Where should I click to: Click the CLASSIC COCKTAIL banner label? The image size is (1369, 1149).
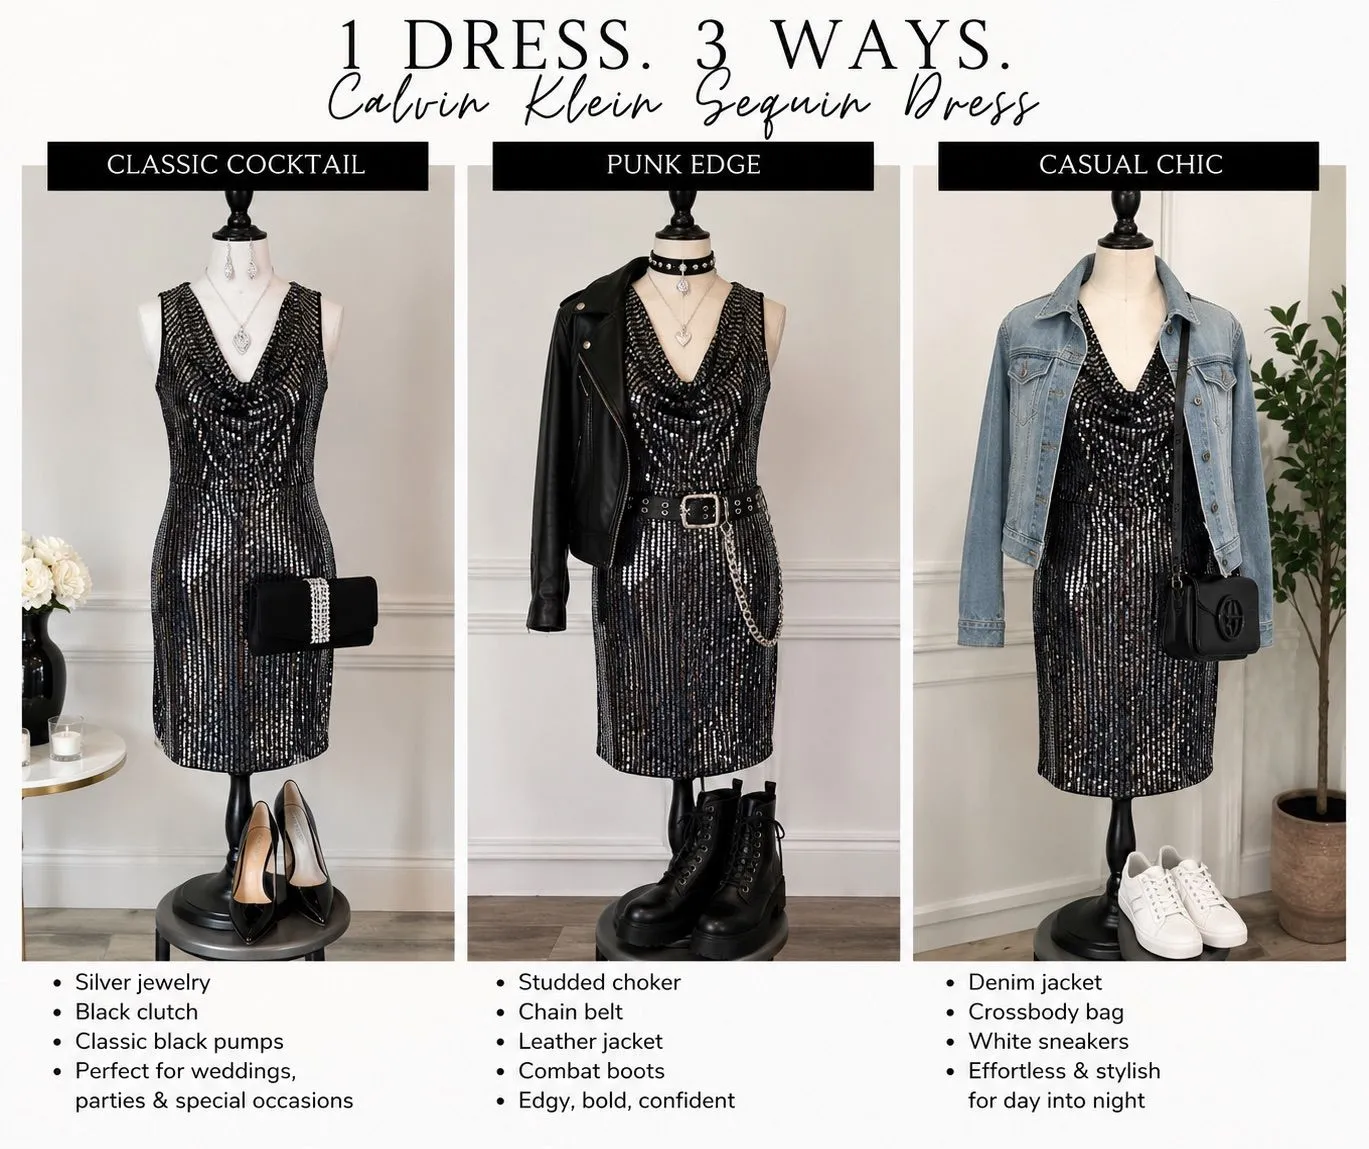point(236,165)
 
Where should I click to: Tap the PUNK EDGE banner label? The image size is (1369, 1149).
point(683,165)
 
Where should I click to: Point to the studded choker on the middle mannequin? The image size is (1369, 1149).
point(683,262)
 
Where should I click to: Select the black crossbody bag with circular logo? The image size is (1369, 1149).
point(1212,616)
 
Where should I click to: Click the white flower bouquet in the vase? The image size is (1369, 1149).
point(54,572)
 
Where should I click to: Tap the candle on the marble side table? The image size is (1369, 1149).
point(66,739)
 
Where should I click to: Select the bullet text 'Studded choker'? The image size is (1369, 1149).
point(599,982)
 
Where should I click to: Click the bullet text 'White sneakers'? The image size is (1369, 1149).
point(1048,1041)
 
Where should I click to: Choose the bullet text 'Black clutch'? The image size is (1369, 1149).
point(136,1012)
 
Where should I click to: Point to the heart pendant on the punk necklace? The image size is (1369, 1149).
point(684,336)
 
